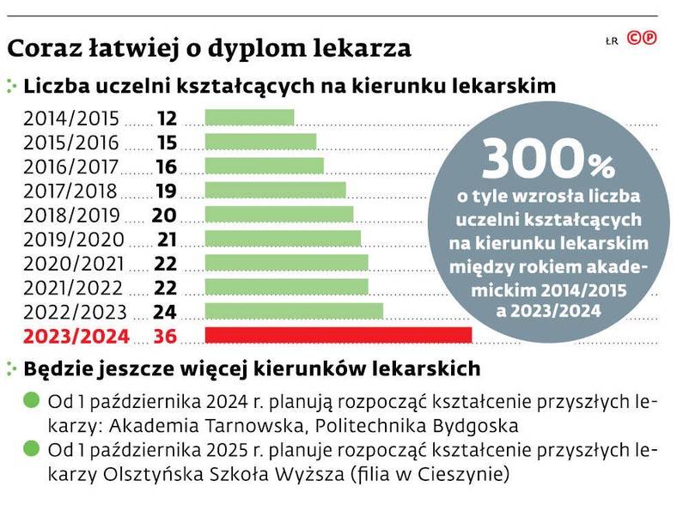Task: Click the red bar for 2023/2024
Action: pos(338,335)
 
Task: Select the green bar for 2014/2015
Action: pos(249,118)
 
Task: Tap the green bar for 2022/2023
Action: pos(294,311)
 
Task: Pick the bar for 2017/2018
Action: pos(275,190)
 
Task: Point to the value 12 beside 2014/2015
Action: pos(168,118)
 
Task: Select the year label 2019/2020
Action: pos(74,239)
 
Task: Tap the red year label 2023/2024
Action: pos(76,336)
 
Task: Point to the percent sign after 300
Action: pos(601,163)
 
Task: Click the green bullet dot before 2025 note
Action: pos(32,448)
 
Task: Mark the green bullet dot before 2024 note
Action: pos(32,400)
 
